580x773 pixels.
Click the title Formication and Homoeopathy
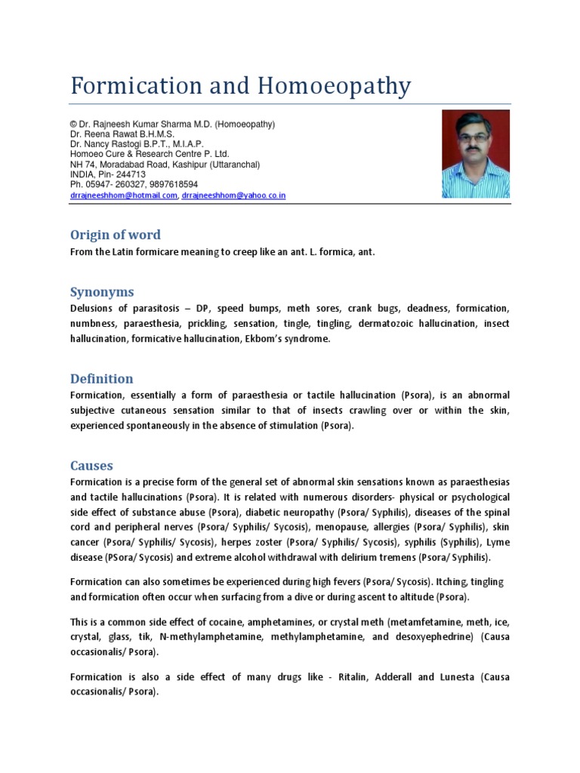[x=240, y=86]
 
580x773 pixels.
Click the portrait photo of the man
[x=475, y=154]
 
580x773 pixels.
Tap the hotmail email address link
[x=123, y=196]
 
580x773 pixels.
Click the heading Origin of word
[x=115, y=235]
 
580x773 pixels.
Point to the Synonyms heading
[x=102, y=292]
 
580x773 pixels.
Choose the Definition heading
[x=101, y=379]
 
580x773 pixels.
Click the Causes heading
[x=91, y=466]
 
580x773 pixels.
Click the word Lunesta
[x=454, y=676]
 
